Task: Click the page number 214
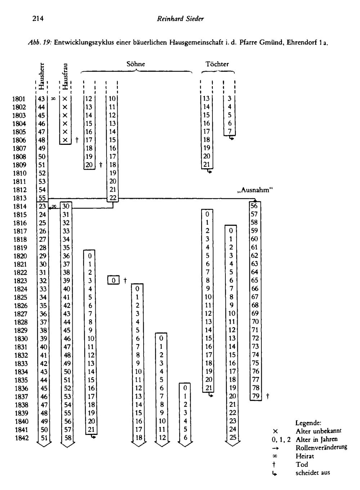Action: [x=38, y=18]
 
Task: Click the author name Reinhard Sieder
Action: [x=180, y=19]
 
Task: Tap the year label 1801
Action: [x=19, y=99]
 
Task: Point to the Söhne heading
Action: [x=136, y=64]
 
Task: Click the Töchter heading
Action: [x=217, y=64]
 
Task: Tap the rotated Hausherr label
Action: [x=41, y=76]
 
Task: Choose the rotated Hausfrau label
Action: [x=65, y=76]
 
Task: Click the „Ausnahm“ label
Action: [x=255, y=190]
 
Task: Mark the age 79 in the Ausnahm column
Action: [x=256, y=396]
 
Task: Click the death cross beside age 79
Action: [x=268, y=396]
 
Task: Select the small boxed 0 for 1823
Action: [x=113, y=280]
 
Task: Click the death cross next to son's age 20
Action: [x=101, y=165]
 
